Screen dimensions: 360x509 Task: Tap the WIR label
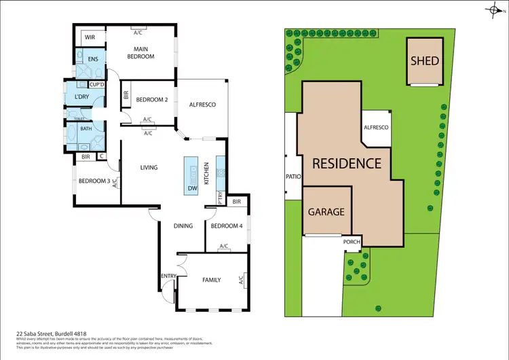coord(88,38)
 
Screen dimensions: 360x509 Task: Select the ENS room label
coord(93,59)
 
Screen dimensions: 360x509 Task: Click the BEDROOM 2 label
coord(151,100)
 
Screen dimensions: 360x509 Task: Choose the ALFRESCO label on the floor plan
coord(202,105)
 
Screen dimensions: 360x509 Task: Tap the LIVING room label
coord(149,167)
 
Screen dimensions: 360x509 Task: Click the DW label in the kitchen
coord(192,188)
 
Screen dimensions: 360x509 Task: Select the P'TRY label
coord(221,197)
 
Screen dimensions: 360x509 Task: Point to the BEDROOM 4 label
coord(225,226)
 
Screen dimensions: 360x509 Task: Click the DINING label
coord(183,226)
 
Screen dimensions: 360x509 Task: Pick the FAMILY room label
coord(212,279)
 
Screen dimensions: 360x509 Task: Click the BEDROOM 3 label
coord(94,181)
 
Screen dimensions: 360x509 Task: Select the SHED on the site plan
coord(425,60)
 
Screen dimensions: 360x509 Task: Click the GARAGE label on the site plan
coord(326,211)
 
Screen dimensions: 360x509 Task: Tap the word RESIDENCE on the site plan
coord(347,164)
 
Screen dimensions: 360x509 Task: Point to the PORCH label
coord(352,241)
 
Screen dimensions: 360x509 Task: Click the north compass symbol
coord(493,10)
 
